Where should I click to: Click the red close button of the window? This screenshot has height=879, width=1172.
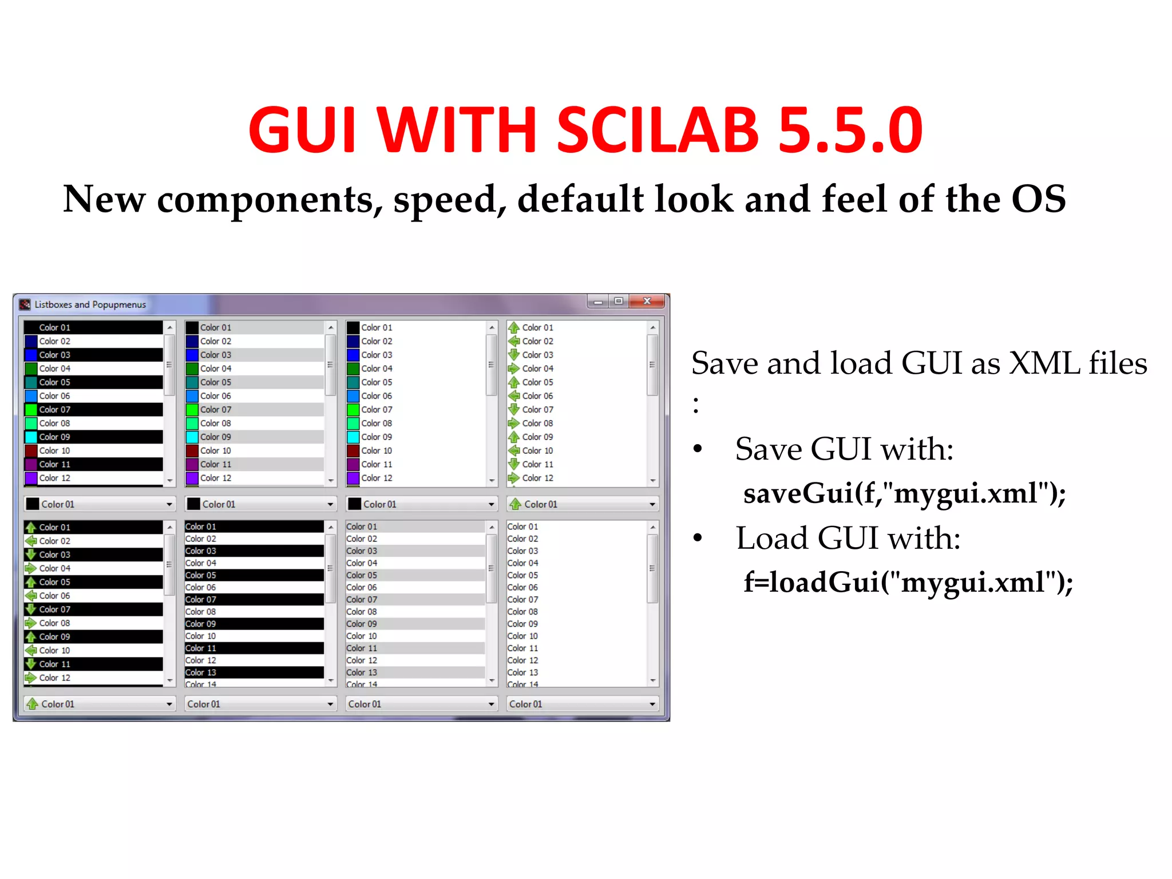click(x=647, y=301)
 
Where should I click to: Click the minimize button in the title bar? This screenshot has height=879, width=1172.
click(x=598, y=302)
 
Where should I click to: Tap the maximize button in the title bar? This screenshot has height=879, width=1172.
click(x=619, y=301)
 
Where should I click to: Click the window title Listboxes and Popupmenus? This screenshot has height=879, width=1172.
click(x=90, y=304)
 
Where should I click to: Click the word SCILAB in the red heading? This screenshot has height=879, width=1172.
click(x=658, y=130)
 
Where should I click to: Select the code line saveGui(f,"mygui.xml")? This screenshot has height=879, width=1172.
click(x=904, y=493)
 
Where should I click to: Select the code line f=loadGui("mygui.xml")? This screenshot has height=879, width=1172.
click(x=908, y=582)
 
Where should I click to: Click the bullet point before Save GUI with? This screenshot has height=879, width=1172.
click(x=697, y=449)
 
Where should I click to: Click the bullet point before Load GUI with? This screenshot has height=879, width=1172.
click(x=697, y=538)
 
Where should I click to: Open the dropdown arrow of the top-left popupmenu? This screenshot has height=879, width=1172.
click(x=169, y=504)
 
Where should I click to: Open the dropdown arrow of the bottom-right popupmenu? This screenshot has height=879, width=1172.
click(x=652, y=704)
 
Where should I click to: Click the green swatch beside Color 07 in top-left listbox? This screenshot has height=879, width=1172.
click(x=31, y=410)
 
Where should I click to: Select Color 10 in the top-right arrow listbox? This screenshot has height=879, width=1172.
click(x=537, y=451)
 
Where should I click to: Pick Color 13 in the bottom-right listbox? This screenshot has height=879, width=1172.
click(x=522, y=672)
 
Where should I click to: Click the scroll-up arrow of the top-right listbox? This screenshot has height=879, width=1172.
click(x=652, y=327)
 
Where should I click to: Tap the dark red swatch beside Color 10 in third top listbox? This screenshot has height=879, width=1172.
click(x=353, y=451)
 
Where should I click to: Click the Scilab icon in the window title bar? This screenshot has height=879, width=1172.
click(x=25, y=304)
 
